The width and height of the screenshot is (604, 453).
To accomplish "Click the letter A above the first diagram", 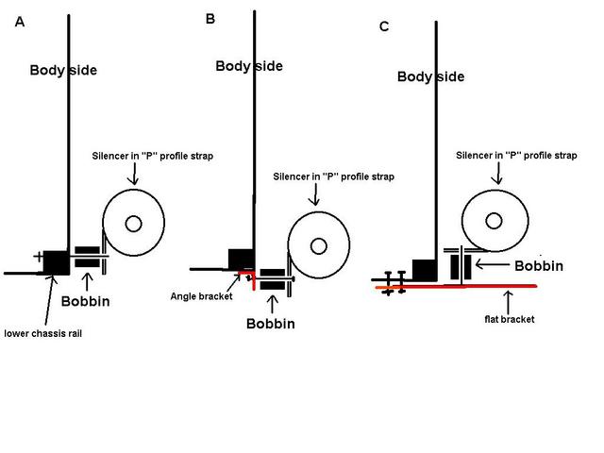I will [x=20, y=22].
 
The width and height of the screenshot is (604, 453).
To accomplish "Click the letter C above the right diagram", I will [x=383, y=26].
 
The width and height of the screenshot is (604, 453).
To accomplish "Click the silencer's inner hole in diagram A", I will [x=133, y=224].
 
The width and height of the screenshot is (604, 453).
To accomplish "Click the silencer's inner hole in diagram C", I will [x=493, y=220].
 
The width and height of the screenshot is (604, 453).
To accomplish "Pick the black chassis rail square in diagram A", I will [x=55, y=261].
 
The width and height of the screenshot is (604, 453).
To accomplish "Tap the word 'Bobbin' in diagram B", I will [x=271, y=324].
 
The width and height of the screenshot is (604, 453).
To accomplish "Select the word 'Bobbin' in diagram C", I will [x=539, y=265].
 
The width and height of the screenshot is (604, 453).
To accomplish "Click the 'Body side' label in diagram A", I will [x=63, y=70].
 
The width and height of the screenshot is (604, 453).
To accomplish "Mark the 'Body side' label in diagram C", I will [x=430, y=76].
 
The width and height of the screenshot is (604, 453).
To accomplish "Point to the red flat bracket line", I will [x=472, y=284].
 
